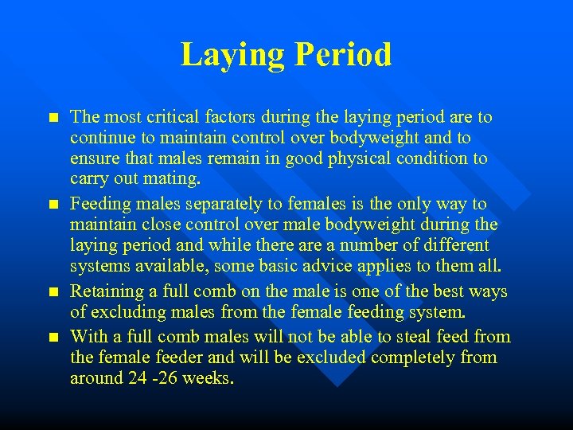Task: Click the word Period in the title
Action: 344,55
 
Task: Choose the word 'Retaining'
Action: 105,291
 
